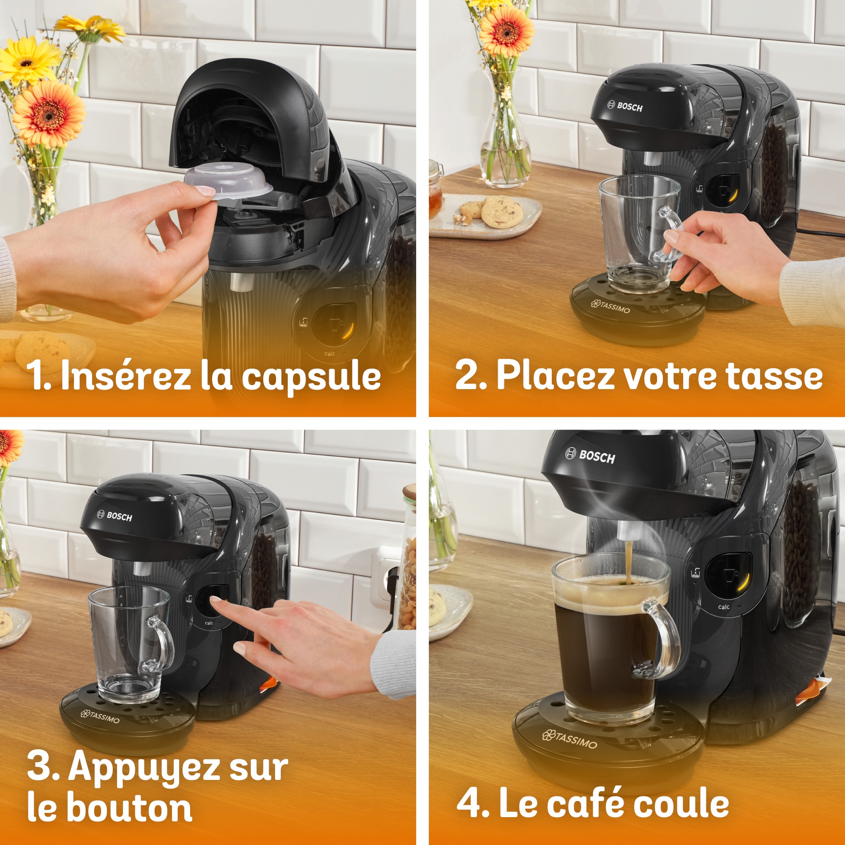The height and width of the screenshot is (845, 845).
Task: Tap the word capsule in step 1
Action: (311, 376)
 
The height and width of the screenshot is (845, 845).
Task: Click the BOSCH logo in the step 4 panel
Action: (591, 456)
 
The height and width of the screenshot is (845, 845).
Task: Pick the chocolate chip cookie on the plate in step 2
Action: (501, 212)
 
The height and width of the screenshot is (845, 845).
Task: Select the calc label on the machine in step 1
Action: (330, 353)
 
